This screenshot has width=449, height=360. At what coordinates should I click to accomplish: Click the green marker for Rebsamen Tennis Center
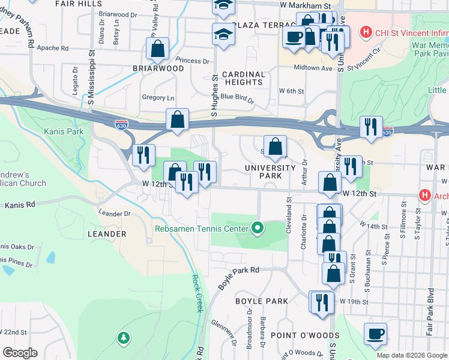tap(258, 228)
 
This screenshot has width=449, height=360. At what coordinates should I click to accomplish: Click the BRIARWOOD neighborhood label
tap(158, 68)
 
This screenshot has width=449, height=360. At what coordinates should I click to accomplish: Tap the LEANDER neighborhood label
tap(106, 233)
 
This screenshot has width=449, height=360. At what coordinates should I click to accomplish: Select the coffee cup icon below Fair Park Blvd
tap(375, 334)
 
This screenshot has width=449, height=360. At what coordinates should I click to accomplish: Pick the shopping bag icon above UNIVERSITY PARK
tap(275, 146)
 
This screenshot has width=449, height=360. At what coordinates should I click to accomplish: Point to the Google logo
tap(20, 352)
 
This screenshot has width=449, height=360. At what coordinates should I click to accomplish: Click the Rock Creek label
tap(196, 293)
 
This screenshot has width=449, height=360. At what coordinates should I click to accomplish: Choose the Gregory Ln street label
tap(158, 98)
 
